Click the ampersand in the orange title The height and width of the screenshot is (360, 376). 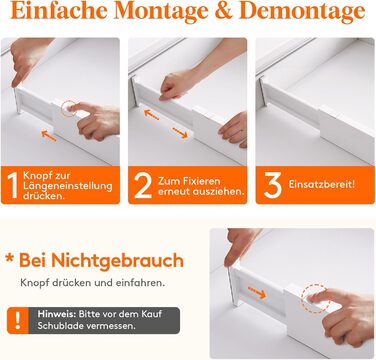[224, 11]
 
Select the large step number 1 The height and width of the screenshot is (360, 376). [12, 185]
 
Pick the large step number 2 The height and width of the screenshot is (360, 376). [143, 185]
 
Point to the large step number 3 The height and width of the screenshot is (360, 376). [273, 185]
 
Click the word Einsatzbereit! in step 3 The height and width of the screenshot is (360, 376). [322, 184]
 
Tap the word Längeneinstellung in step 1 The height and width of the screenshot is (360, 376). [68, 186]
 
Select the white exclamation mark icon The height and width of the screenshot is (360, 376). [18, 320]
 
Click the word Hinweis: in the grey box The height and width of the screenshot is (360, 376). [57, 314]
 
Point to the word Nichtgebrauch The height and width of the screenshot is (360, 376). [117, 260]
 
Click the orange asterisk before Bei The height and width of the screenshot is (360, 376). [10, 259]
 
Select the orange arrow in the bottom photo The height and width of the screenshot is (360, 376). [257, 292]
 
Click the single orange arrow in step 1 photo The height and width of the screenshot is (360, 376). [48, 136]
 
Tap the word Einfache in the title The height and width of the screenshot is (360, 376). [59, 11]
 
